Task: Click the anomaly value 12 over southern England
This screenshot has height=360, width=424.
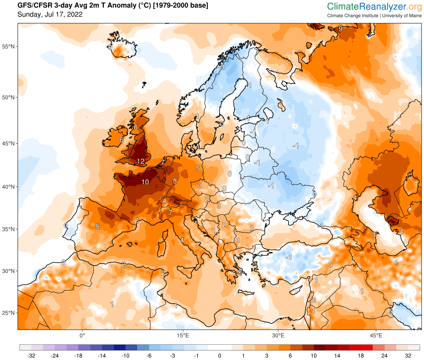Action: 140,161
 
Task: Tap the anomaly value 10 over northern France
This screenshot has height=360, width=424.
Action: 145,182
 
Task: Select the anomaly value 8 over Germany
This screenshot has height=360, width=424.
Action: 175,181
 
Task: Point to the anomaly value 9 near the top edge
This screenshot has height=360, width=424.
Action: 340,29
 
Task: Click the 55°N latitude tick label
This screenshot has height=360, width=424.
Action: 9,46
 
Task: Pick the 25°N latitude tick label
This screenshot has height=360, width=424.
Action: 9,313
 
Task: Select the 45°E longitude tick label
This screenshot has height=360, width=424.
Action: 376,335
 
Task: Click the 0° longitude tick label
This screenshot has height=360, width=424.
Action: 82,335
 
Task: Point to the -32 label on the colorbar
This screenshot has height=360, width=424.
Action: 31,355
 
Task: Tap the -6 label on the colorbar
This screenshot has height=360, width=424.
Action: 149,355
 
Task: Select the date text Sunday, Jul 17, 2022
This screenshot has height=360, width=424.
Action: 50,14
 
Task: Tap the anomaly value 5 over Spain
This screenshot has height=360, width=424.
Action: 97,227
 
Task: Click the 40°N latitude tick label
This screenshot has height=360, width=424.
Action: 9,187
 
